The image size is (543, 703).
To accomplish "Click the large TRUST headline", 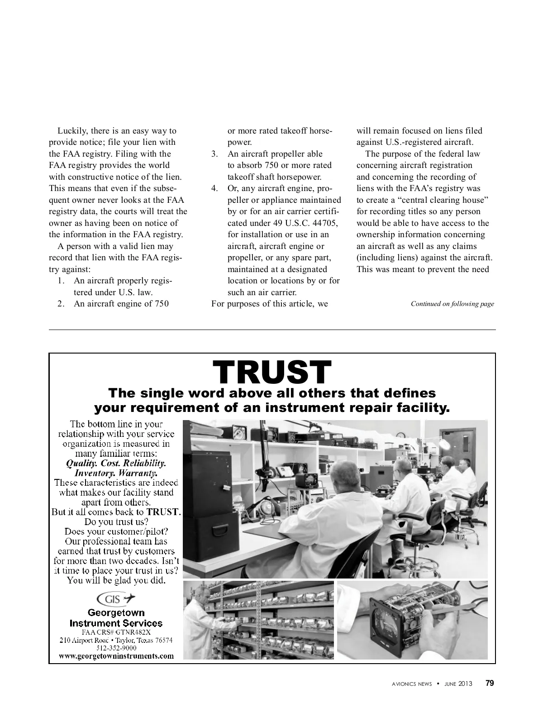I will (272, 372).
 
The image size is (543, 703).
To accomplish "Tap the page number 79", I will (490, 684).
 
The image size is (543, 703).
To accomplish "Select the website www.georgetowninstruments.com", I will (116, 655).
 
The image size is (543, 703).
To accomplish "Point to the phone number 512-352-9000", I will (116, 648).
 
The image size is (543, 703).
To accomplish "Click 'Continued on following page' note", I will (452, 304).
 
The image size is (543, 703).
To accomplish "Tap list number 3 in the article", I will (215, 154).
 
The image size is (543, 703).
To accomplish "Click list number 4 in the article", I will (215, 188).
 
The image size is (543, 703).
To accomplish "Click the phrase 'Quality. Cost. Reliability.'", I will (116, 464).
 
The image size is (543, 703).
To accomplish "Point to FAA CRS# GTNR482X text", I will (116, 632).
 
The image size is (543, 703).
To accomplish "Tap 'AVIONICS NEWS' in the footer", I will (412, 684).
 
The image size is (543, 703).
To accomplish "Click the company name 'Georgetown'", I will (116, 613).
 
